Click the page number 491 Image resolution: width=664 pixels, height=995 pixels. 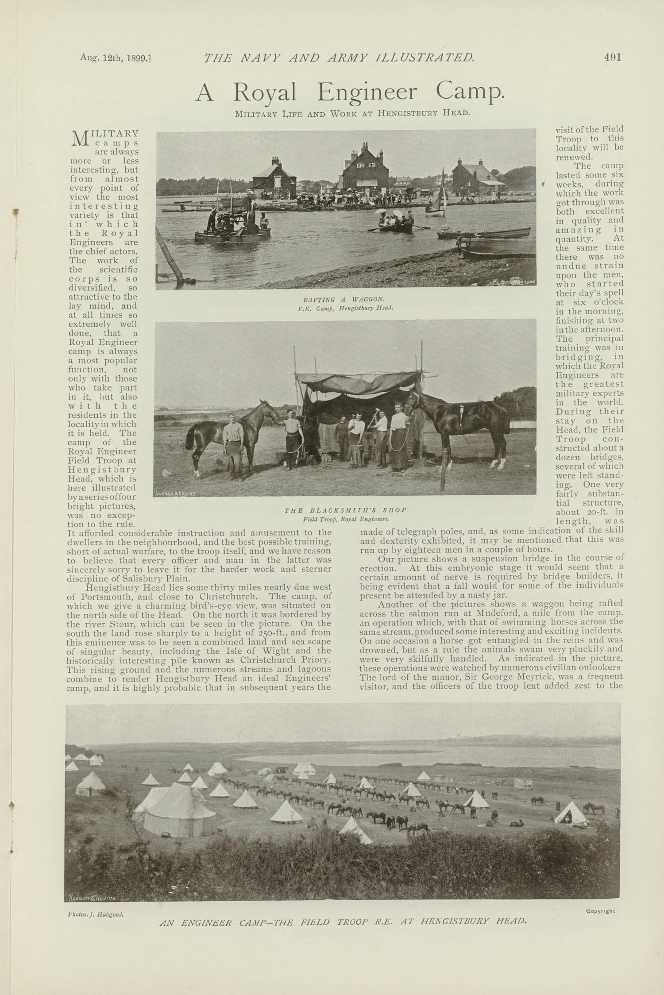pos(612,57)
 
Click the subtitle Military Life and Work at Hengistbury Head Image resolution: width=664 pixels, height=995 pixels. pos(352,113)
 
